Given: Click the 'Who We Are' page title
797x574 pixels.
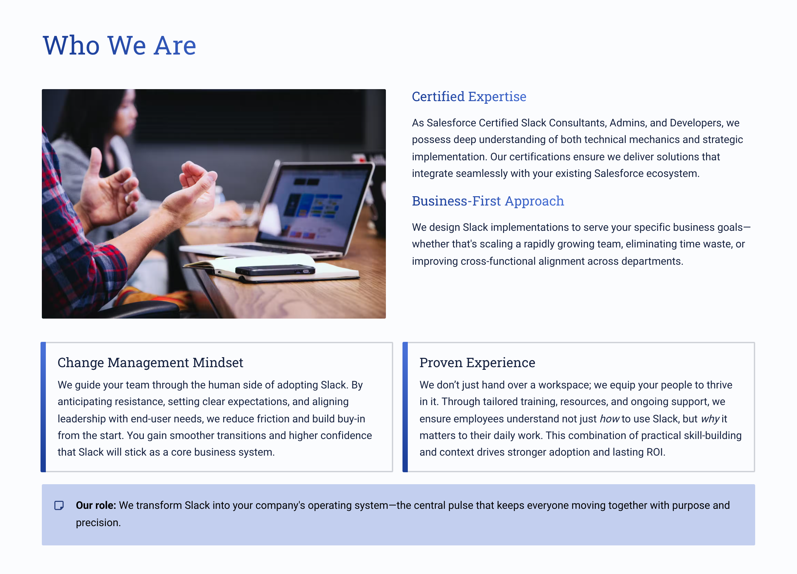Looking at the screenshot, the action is [120, 46].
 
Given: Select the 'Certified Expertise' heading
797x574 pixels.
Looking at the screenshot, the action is [469, 96].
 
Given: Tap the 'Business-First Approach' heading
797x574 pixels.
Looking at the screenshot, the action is [488, 201].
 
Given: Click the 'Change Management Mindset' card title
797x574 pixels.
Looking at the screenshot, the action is [150, 362].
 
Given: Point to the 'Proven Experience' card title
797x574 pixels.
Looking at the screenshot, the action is [477, 362].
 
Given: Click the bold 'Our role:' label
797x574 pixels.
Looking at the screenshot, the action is [96, 505].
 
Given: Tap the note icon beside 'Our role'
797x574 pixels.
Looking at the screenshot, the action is [59, 505].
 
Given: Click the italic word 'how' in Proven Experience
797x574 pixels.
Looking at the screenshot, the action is [609, 419].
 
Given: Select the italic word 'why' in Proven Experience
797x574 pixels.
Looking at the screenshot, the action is [710, 419].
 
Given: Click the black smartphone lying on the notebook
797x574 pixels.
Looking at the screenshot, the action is [275, 270].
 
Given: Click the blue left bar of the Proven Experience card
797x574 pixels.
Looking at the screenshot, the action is [405, 407].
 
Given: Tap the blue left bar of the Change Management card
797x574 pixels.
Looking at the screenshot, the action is [43, 407].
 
